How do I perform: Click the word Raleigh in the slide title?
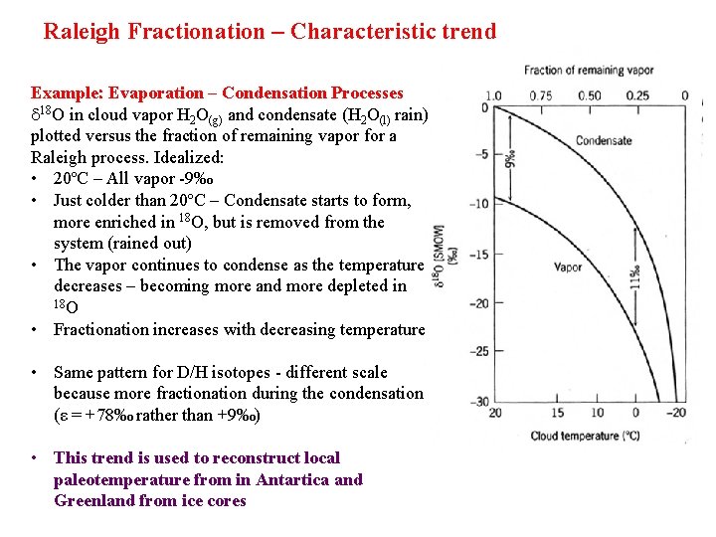(79, 31)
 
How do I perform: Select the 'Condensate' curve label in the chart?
(604, 140)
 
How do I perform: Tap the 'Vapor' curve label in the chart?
(567, 268)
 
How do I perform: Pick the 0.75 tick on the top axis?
(541, 96)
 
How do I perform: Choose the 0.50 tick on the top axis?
(589, 96)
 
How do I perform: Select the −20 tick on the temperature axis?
(676, 413)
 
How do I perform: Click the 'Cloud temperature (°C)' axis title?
(585, 436)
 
